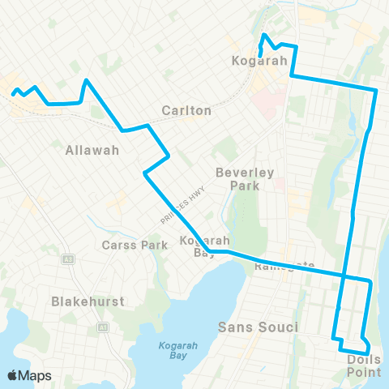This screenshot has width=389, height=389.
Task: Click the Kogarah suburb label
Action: tap(254, 62)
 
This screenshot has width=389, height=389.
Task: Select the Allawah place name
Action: tap(92, 150)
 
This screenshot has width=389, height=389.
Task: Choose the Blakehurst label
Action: tap(88, 301)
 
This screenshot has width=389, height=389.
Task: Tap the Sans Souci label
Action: tap(259, 327)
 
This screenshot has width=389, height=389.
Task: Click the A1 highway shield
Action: tap(103, 327)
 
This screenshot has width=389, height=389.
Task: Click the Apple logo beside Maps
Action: tap(13, 375)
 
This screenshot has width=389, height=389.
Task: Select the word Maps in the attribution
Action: tap(36, 375)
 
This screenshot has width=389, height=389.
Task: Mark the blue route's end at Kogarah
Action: tap(260, 53)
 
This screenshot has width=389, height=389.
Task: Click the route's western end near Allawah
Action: tap(12, 93)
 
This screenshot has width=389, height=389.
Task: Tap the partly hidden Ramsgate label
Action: tap(284, 265)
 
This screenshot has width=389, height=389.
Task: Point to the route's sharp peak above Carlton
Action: tap(87, 79)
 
